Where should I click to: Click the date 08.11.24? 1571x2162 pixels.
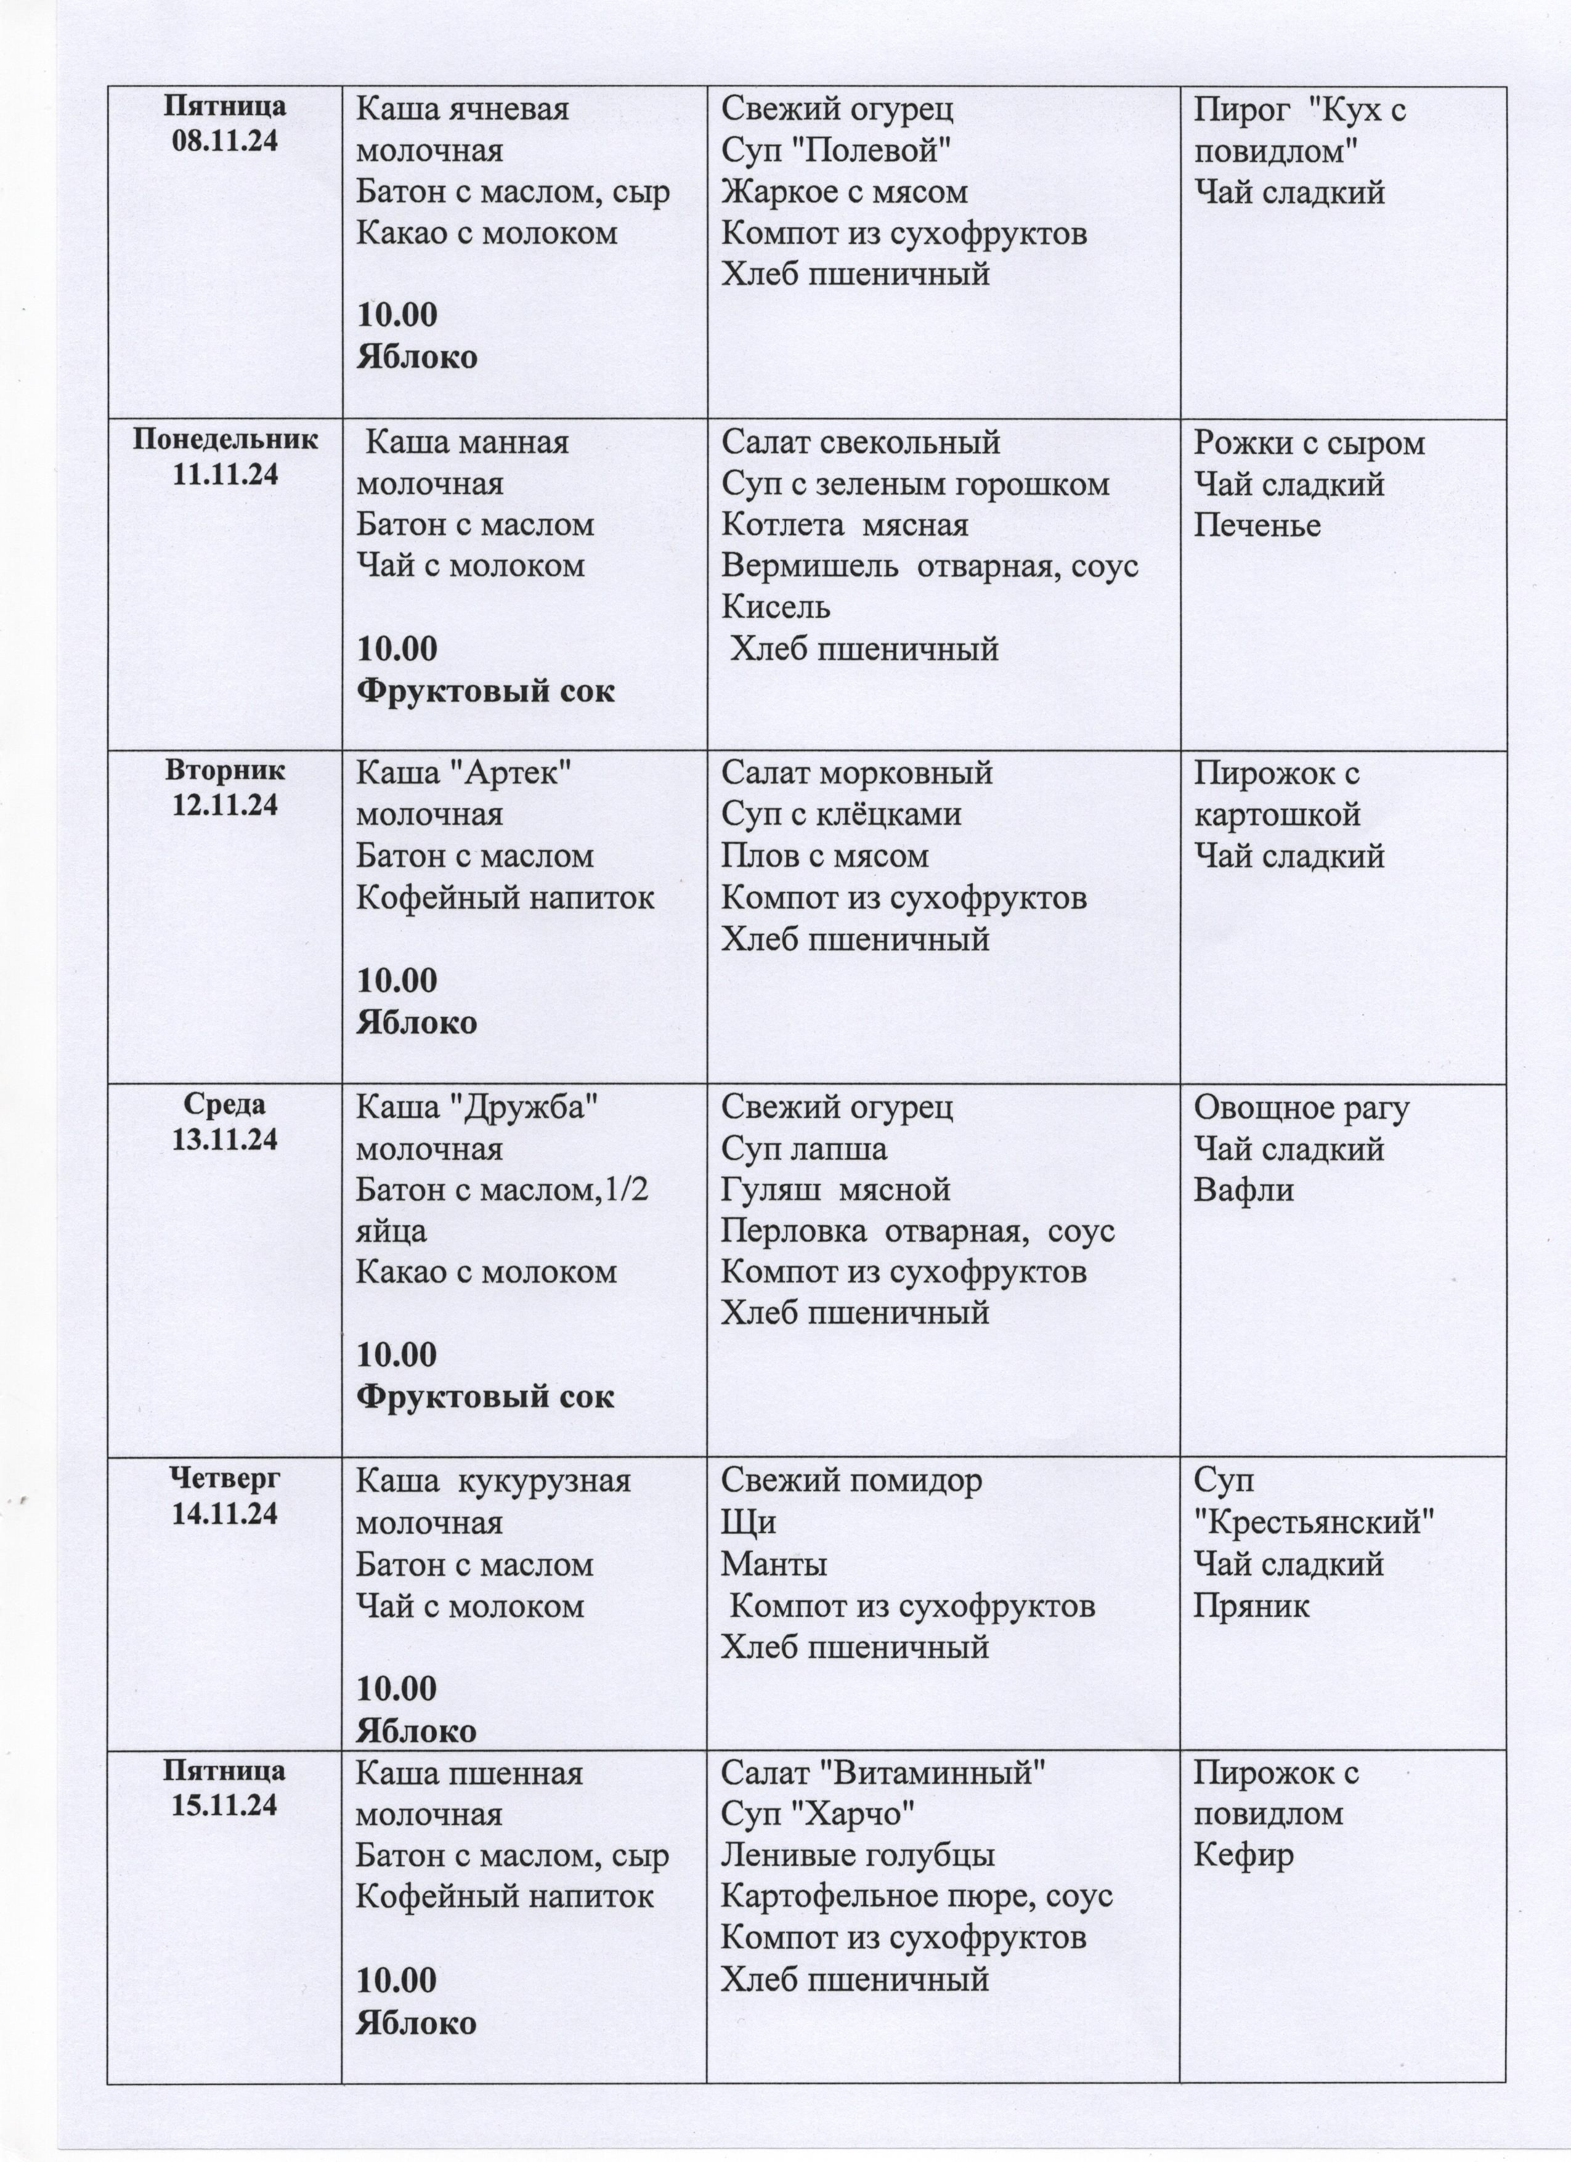click(224, 141)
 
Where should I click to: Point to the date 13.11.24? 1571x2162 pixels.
click(224, 1139)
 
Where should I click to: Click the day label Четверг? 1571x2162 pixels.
click(224, 1478)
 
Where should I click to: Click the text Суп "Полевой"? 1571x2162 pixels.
click(836, 151)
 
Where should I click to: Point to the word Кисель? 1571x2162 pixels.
click(775, 607)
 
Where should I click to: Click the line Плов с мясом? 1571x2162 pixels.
click(824, 856)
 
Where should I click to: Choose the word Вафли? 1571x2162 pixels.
click(1243, 1191)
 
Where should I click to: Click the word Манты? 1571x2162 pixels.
click(773, 1565)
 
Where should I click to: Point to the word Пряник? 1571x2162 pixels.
click(1252, 1606)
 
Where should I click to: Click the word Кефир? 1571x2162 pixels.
click(1243, 1855)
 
